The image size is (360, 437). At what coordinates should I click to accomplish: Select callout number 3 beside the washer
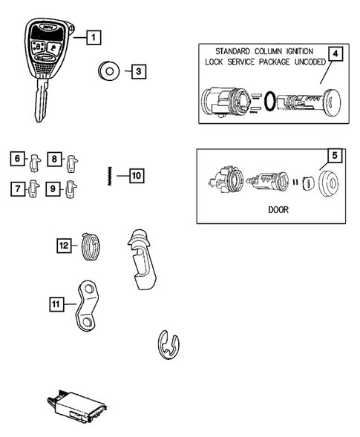[138, 72]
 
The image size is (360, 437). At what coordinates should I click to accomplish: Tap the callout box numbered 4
[336, 55]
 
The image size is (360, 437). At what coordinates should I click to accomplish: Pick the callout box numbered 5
[335, 156]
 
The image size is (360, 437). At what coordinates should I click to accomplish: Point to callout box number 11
[56, 303]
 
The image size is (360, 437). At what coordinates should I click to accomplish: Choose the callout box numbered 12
[65, 244]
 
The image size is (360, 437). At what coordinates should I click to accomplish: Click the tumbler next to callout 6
[35, 160]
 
